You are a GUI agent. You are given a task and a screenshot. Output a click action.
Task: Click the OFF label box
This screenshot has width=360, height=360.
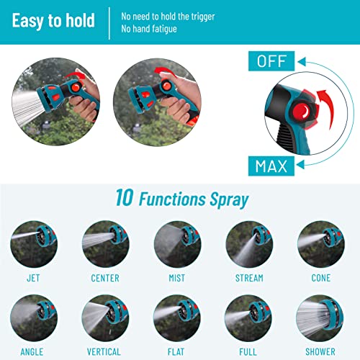click(271, 61)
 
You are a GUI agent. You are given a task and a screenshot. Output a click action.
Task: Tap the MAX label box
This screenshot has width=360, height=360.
click(271, 166)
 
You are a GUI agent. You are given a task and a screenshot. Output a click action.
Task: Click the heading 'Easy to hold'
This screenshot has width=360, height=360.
click(53, 21)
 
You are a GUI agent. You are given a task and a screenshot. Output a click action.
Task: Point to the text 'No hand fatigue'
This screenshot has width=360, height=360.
click(149, 29)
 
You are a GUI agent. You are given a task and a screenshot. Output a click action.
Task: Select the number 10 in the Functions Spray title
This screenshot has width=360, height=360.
click(125, 197)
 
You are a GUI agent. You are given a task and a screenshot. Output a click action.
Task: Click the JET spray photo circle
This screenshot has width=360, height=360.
click(34, 244)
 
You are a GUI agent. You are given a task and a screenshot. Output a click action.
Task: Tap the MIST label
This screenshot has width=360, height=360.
click(177, 278)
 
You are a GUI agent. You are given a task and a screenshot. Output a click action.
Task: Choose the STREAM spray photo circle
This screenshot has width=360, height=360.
click(249, 244)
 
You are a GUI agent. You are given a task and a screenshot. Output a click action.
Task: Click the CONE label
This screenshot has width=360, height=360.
click(321, 278)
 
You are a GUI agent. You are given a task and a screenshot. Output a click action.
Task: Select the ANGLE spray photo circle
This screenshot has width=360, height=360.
click(34, 318)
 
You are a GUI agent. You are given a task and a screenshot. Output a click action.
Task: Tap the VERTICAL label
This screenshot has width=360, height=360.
click(104, 352)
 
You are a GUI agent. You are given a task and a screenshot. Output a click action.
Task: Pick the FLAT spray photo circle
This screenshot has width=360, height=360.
click(177, 318)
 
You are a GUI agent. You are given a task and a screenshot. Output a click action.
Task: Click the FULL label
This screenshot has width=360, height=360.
click(248, 352)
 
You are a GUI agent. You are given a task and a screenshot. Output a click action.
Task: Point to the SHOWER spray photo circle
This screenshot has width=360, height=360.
click(320, 318)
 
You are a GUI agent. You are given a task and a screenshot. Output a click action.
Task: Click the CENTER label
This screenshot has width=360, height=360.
click(105, 278)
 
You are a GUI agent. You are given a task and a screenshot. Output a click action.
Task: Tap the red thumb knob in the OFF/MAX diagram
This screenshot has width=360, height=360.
click(302, 112)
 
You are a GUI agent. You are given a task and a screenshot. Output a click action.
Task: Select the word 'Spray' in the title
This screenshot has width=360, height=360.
click(229, 200)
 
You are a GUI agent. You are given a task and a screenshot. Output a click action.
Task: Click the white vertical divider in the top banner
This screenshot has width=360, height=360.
click(109, 23)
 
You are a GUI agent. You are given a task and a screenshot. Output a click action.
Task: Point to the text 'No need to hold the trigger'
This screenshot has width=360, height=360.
click(168, 17)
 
